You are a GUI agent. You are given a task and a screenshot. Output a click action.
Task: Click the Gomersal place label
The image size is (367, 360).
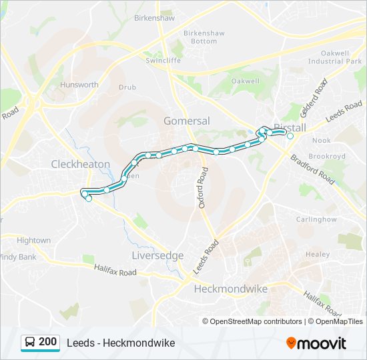click(187, 121)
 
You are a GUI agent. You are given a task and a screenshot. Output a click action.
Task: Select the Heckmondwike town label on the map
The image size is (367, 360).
click(230, 289)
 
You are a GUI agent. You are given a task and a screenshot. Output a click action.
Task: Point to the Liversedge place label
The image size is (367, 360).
click(158, 255)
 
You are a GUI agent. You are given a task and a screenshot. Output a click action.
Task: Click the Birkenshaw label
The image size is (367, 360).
click(154, 19)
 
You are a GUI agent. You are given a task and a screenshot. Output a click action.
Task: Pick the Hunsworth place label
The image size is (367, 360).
click(79, 85)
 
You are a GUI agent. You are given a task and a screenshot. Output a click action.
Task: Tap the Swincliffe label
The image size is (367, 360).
click(163, 60)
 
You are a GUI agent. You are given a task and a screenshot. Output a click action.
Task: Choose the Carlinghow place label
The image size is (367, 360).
click(316, 219)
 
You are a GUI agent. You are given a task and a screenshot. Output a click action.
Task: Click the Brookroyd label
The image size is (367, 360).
click(327, 156)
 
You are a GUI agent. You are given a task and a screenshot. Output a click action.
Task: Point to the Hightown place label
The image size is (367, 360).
click(33, 240)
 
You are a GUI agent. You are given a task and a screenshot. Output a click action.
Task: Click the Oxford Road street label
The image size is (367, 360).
click(204, 189)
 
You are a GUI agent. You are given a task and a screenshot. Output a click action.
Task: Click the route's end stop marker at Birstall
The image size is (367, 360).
click(290, 135)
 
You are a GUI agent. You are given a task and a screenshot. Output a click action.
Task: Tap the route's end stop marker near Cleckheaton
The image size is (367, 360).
click(89, 198)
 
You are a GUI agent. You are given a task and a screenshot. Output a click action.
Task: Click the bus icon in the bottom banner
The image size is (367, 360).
click(29, 343)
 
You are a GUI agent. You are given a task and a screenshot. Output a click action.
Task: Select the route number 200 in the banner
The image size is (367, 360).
click(48, 342)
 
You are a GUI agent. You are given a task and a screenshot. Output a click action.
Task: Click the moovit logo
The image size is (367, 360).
click(316, 343)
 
